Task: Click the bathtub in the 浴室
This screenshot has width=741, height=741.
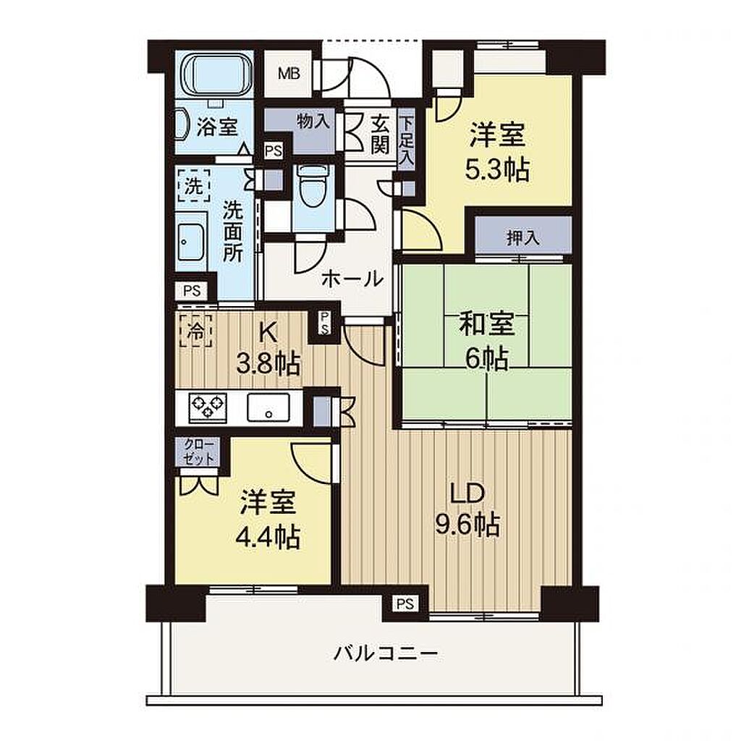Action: [218, 75]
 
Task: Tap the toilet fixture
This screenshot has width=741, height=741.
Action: [314, 186]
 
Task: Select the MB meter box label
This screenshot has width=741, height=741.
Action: [289, 74]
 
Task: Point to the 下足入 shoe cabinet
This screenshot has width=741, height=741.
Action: [406, 140]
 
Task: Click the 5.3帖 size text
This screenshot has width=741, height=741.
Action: [497, 171]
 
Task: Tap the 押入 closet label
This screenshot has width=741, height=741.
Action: [522, 237]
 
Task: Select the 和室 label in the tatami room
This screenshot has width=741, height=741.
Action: [487, 325]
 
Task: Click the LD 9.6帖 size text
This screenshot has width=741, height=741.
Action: [467, 525]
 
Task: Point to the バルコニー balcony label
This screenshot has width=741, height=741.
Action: [386, 654]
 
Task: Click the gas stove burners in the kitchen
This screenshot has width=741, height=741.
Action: [208, 407]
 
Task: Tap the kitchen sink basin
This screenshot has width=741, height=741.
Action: [268, 407]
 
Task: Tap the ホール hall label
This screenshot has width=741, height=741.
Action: [352, 279]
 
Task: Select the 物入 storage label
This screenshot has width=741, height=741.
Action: [313, 122]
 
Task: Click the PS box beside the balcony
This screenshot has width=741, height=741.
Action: [405, 604]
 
